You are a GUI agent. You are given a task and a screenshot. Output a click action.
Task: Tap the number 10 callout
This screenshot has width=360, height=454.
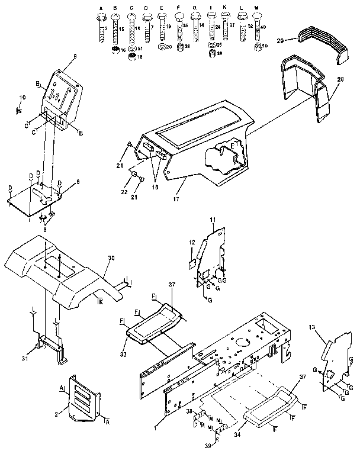(x=23, y=96)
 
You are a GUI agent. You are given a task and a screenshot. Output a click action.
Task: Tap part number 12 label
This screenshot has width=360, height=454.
(x=191, y=242)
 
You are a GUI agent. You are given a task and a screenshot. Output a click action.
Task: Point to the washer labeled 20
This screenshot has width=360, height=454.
(x=162, y=46)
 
